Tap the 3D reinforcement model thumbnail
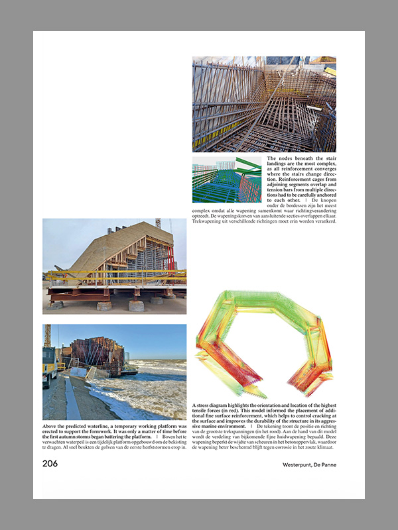(227, 180)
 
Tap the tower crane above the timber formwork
(158, 224)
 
